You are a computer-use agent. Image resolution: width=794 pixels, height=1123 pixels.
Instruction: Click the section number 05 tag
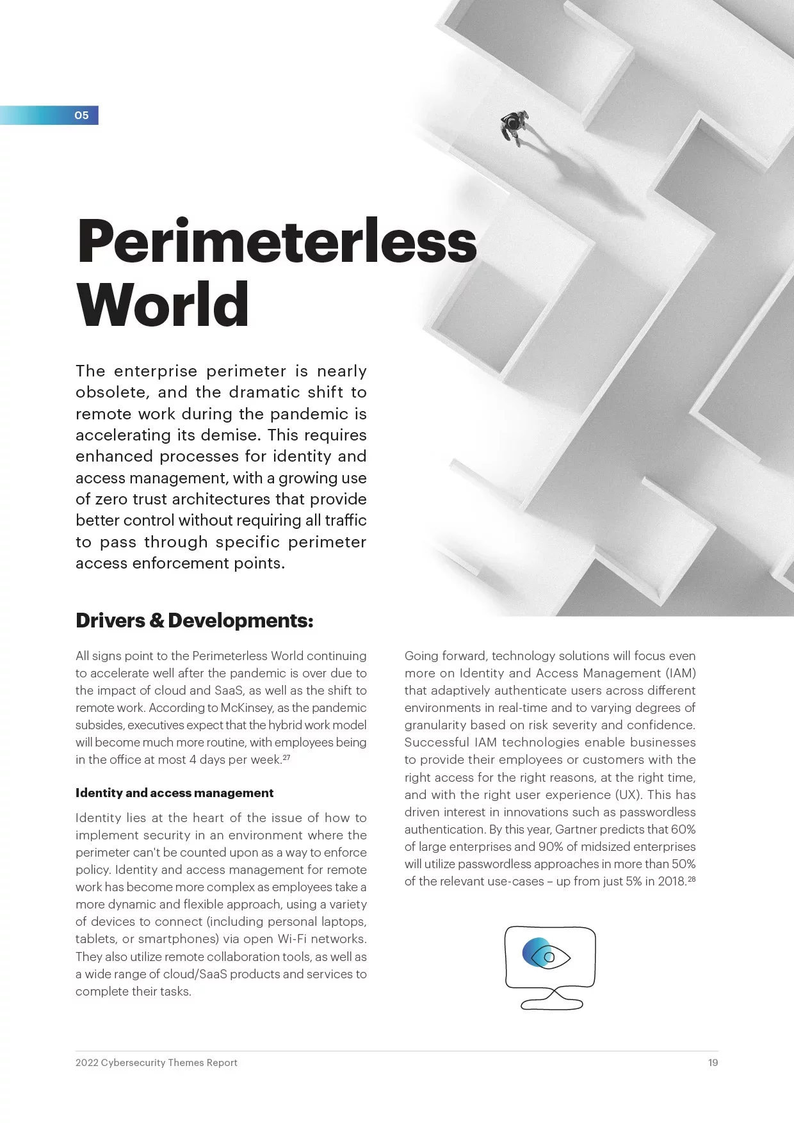coord(81,116)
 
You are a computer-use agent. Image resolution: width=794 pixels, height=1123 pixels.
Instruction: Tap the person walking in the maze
coord(514,125)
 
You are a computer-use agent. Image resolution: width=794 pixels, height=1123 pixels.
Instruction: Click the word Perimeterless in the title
coord(277,241)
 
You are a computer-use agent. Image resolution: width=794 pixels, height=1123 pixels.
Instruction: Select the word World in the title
coord(162,304)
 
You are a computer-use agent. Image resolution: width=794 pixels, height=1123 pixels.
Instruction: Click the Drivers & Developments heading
coord(194,620)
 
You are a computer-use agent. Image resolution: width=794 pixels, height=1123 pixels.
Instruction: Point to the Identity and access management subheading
coord(174,793)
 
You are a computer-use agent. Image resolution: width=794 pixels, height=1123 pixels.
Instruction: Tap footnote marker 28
coord(691,879)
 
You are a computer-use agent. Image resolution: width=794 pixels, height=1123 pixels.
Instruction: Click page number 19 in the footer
coord(713,1063)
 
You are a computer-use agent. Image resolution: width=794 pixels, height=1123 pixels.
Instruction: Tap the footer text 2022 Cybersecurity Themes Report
coord(156,1063)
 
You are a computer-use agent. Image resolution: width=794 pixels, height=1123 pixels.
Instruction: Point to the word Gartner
coord(580,830)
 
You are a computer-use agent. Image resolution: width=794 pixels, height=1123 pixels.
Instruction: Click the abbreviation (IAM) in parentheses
coord(680,674)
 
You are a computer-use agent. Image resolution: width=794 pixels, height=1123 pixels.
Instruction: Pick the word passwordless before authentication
coord(661,812)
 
